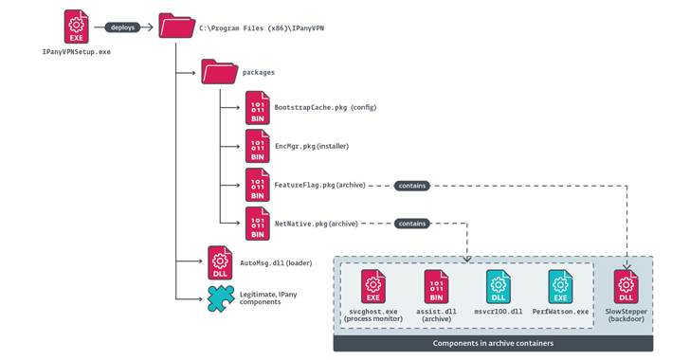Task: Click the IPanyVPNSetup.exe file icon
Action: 77,27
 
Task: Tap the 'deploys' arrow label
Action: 123,27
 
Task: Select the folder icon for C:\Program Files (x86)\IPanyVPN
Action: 177,27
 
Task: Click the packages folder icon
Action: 219,72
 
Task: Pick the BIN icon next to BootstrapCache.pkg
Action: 258,107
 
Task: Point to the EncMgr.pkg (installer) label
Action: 312,146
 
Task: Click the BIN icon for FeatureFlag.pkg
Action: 258,185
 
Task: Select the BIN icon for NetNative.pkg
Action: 258,224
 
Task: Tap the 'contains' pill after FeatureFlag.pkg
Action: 411,186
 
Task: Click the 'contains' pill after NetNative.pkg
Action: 411,224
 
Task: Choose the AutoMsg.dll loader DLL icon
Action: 220,261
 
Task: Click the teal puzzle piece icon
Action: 221,298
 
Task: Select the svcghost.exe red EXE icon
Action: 373,286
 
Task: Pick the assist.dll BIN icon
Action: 437,286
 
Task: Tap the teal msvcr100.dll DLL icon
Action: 499,286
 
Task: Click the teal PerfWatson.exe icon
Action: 561,286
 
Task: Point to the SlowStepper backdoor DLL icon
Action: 626,286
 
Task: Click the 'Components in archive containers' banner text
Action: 493,344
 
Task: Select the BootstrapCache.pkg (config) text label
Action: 325,107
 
